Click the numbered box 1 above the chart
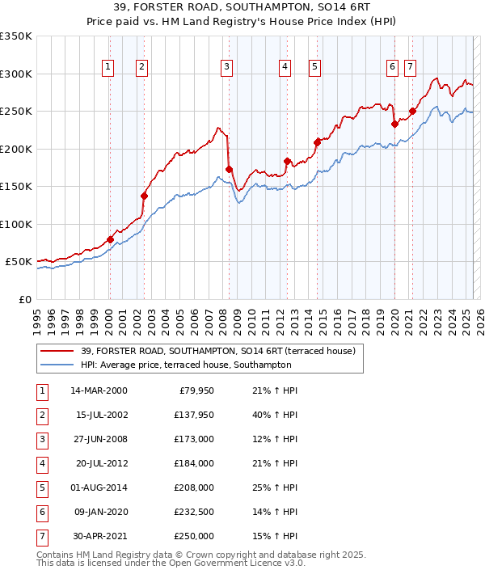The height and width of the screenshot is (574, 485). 108,67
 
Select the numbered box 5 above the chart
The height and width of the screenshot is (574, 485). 314,67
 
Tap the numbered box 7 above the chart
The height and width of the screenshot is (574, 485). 410,67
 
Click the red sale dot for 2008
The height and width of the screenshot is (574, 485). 229,169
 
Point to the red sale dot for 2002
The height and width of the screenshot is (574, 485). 144,196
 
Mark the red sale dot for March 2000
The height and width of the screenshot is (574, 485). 110,239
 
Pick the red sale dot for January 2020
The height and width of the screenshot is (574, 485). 394,124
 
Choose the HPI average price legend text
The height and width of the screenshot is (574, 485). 185,365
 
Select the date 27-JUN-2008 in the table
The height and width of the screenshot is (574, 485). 99,439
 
